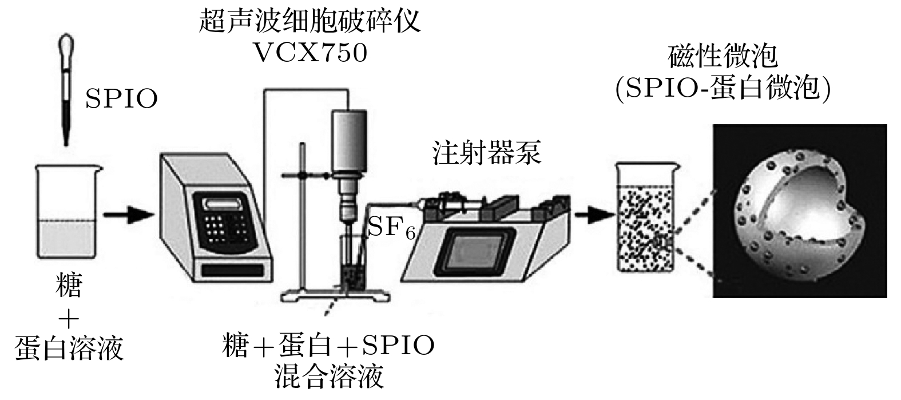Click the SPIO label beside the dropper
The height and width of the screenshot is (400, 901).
pyautogui.click(x=121, y=98)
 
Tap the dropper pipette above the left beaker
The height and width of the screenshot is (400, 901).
pyautogui.click(x=66, y=90)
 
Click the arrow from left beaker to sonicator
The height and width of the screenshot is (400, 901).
pyautogui.click(x=129, y=215)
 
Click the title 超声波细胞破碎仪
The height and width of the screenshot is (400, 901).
pyautogui.click(x=309, y=21)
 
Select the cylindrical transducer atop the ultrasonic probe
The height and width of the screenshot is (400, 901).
pyautogui.click(x=349, y=141)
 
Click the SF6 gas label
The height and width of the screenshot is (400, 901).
pyautogui.click(x=391, y=228)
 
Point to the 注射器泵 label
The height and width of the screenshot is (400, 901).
pyautogui.click(x=487, y=153)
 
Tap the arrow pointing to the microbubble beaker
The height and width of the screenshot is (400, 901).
pyautogui.click(x=594, y=215)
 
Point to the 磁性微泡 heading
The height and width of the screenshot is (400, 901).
pyautogui.click(x=723, y=56)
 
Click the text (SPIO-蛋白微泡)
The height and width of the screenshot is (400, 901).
pyautogui.click(x=723, y=89)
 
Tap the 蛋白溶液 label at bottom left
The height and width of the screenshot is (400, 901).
pyautogui.click(x=69, y=348)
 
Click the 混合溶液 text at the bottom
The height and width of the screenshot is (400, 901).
pyautogui.click(x=328, y=377)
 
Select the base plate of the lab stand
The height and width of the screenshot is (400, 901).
pyautogui.click(x=335, y=296)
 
